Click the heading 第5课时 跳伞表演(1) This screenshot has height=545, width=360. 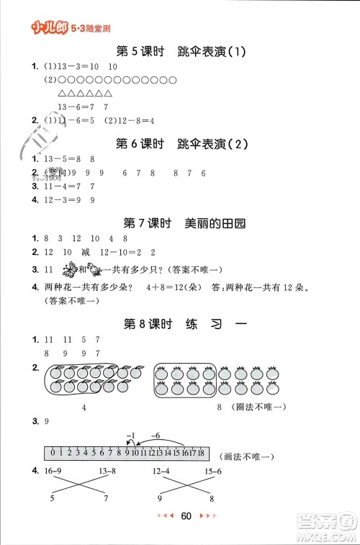point(181,51)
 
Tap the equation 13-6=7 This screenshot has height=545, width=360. point(63,106)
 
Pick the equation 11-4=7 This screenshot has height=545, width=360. point(55,186)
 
